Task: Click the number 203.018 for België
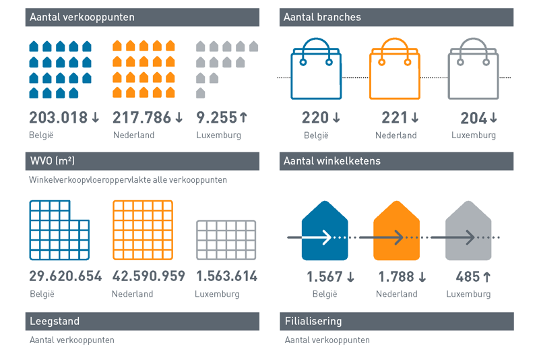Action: pos(59,117)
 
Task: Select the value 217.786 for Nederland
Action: pos(142,117)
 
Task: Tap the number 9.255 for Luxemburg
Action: pos(216,117)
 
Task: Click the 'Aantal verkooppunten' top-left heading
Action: pos(82,17)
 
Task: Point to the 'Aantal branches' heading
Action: pos(323,17)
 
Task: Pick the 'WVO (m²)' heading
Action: pos(53,161)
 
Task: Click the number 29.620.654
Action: pos(65,276)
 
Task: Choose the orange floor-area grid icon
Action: pos(142,230)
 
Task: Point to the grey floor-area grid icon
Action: pos(226,239)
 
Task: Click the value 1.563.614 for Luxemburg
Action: pos(226,276)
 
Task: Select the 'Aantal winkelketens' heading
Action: pos(332,161)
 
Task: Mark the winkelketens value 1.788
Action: pos(395,276)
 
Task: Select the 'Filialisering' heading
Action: pos(313,322)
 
